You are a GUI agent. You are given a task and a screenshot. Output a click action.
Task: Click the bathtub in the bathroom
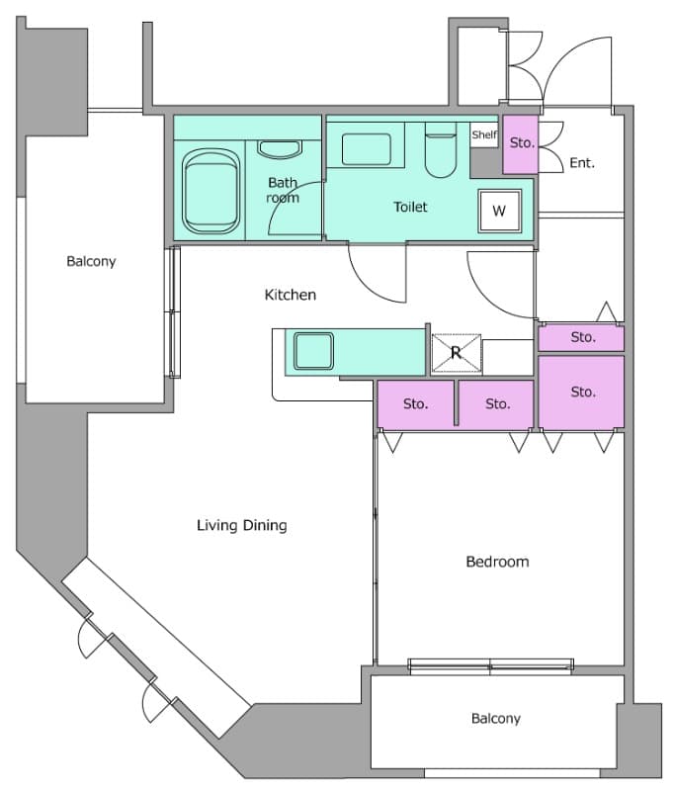click(211, 191)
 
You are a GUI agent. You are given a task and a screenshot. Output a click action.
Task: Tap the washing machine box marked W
click(500, 211)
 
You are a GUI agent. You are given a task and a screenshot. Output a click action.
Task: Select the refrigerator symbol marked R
click(457, 353)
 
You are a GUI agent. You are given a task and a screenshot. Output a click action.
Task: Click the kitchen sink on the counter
click(313, 351)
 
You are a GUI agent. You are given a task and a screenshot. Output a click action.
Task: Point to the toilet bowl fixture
click(441, 150)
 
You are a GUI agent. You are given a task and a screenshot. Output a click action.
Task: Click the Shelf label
click(484, 134)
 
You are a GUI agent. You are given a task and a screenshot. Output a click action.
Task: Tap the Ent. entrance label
click(582, 163)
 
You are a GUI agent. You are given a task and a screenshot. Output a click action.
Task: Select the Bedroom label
click(497, 562)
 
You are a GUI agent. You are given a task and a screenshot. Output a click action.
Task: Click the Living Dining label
click(242, 525)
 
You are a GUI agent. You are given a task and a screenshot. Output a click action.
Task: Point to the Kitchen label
click(291, 295)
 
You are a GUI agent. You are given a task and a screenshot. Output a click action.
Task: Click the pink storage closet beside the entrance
click(520, 144)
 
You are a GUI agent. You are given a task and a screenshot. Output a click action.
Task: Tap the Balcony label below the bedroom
click(495, 719)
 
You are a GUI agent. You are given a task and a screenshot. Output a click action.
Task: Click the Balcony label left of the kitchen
click(91, 261)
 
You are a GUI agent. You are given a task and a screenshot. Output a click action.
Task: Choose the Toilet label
click(410, 207)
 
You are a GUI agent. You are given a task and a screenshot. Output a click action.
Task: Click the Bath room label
click(283, 190)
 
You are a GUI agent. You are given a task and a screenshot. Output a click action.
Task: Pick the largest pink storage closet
click(581, 392)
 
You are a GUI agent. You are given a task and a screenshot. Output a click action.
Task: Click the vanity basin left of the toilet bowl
click(367, 149)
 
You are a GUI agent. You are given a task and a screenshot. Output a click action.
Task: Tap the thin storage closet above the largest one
click(581, 337)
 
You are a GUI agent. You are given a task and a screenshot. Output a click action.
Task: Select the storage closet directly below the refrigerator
click(496, 403)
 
